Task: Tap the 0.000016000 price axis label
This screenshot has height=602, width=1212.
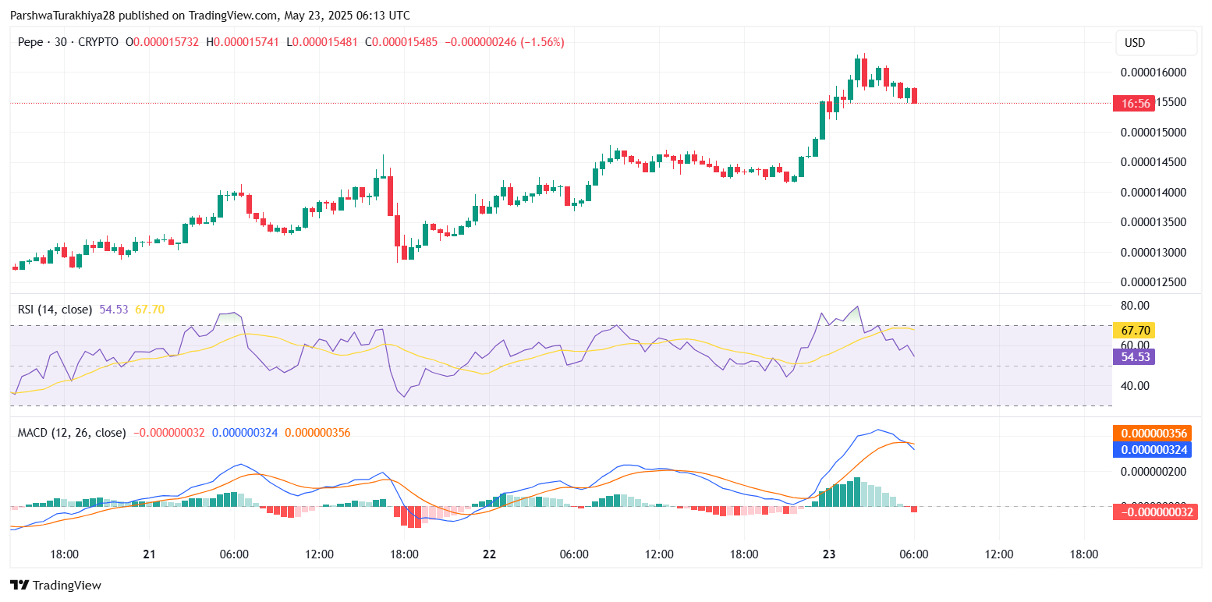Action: click(x=1153, y=73)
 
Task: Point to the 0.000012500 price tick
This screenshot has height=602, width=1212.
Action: click(x=1153, y=282)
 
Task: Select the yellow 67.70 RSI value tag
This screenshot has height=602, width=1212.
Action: click(x=1133, y=330)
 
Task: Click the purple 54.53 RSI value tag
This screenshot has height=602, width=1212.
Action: click(x=1133, y=357)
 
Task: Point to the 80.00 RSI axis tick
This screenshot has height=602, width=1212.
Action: click(x=1135, y=305)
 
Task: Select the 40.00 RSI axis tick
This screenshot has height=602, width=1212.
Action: click(x=1135, y=385)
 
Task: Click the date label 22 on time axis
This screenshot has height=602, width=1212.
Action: click(x=489, y=554)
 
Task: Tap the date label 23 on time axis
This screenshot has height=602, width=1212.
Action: click(x=829, y=554)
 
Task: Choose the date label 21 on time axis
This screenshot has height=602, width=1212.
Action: click(x=149, y=554)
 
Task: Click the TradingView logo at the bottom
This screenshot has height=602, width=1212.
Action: click(x=55, y=585)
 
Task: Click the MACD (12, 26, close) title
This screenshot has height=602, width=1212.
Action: click(x=72, y=432)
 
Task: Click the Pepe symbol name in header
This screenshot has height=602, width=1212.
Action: click(x=30, y=42)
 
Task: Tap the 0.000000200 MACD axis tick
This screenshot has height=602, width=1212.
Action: click(x=1153, y=471)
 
